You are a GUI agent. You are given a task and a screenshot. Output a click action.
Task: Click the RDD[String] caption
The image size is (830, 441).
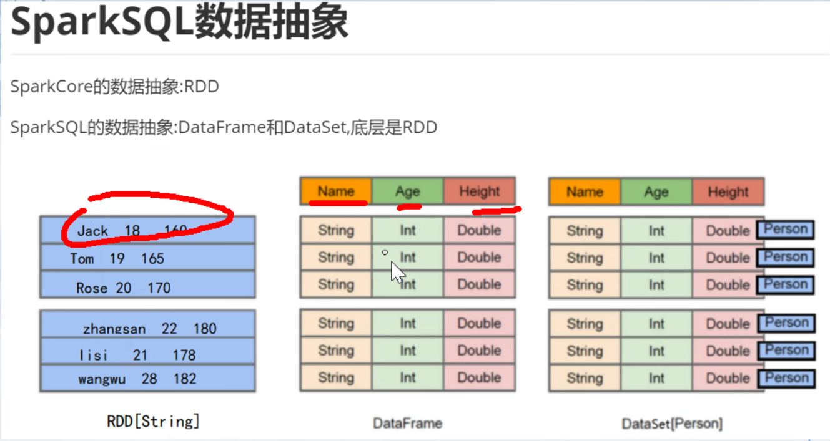point(153,421)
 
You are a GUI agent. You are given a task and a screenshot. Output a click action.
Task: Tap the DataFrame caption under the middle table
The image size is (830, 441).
point(407,423)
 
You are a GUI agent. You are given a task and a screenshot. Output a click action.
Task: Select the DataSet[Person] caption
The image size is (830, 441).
point(672,424)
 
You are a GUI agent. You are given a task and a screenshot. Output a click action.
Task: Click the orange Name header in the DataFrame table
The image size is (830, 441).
point(336,191)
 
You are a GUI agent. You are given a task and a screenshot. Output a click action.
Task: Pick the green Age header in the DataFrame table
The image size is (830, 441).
point(408,191)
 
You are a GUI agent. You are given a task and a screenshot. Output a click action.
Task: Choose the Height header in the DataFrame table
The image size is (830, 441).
point(480,191)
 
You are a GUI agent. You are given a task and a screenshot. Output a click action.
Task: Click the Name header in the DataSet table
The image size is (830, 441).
point(585,192)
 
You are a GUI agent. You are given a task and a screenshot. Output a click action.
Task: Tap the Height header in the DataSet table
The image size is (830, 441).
point(728,192)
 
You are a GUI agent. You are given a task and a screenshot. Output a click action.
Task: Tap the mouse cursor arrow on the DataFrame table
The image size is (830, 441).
point(397,272)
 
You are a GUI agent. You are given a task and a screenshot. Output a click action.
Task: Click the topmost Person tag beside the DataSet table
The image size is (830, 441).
point(786,229)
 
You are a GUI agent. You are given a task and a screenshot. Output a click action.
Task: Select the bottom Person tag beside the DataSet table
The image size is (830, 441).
point(786,378)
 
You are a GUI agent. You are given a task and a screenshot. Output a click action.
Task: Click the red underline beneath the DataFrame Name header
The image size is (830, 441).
point(338,203)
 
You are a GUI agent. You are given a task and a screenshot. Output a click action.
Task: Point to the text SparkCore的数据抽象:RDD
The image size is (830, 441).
point(115,87)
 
